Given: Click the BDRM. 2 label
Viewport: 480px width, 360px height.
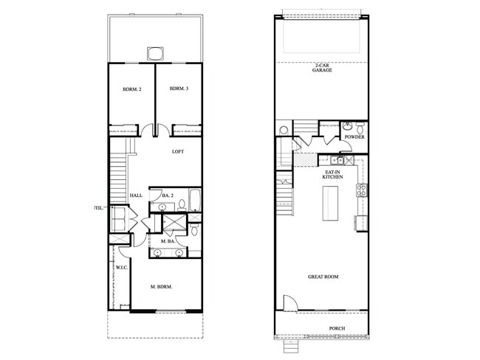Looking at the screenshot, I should point(132,89).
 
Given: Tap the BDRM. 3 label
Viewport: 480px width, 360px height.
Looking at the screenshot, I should point(179,89).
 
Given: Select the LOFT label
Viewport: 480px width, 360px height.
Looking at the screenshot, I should point(177,152).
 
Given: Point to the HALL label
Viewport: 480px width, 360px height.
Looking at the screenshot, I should point(136,195).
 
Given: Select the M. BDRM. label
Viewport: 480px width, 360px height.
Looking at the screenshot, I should point(161,286).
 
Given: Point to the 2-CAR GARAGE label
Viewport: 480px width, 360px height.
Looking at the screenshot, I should point(321,67).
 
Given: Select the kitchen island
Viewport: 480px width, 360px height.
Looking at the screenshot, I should point(329,205).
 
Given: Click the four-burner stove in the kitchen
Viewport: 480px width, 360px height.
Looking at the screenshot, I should point(362,190).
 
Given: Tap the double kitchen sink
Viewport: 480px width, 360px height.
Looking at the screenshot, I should point(341,159).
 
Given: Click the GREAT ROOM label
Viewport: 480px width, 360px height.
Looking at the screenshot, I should point(323,277).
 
